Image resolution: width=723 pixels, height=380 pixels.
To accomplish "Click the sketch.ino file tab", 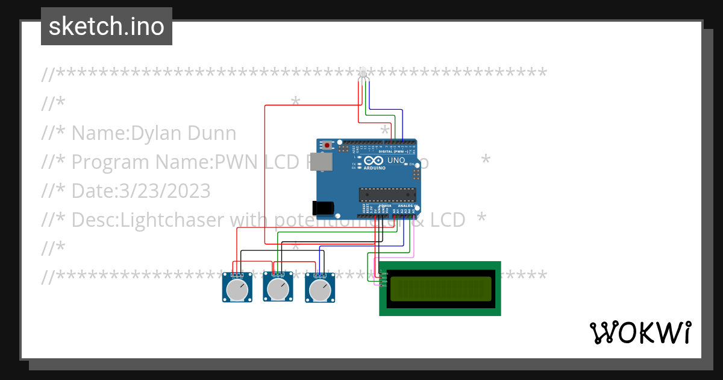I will pos(107,27).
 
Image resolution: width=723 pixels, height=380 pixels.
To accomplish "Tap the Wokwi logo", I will pos(640,332).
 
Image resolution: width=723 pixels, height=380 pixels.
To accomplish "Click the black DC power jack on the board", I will pos(323,207).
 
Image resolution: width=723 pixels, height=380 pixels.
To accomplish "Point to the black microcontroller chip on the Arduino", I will pos(387,194).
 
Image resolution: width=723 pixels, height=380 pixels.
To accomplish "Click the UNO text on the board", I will pos(396,160).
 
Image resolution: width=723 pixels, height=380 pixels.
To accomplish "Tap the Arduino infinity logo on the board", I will pos(374,162).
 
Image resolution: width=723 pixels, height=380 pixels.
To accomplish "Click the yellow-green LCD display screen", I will pos(440,289).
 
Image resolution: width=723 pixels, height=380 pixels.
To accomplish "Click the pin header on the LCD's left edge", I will pos(381,278).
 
